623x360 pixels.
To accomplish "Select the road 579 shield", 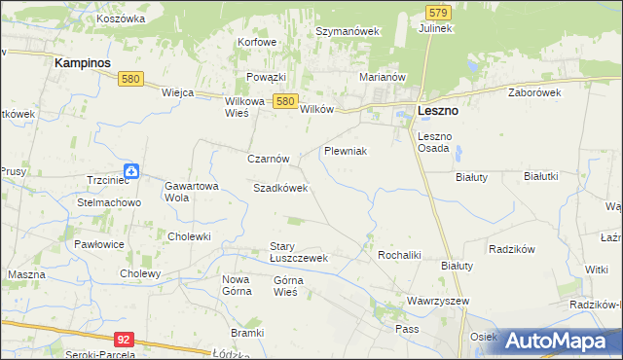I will [x=438, y=13].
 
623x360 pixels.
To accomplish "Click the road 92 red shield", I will [x=123, y=340].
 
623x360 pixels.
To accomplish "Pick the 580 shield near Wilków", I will [x=284, y=100].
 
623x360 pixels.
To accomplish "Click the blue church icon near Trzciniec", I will [x=131, y=171].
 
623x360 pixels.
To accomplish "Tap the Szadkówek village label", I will [x=280, y=188].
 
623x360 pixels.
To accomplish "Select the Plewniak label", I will [x=345, y=152].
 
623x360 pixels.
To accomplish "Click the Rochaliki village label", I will [x=398, y=255].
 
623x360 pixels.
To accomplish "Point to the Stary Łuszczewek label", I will [x=299, y=253].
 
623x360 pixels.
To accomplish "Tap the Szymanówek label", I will [x=347, y=31].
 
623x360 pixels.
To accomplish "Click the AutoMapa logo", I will [x=559, y=341].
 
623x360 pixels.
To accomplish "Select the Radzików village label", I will [x=513, y=249].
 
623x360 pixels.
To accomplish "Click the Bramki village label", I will [x=248, y=333].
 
